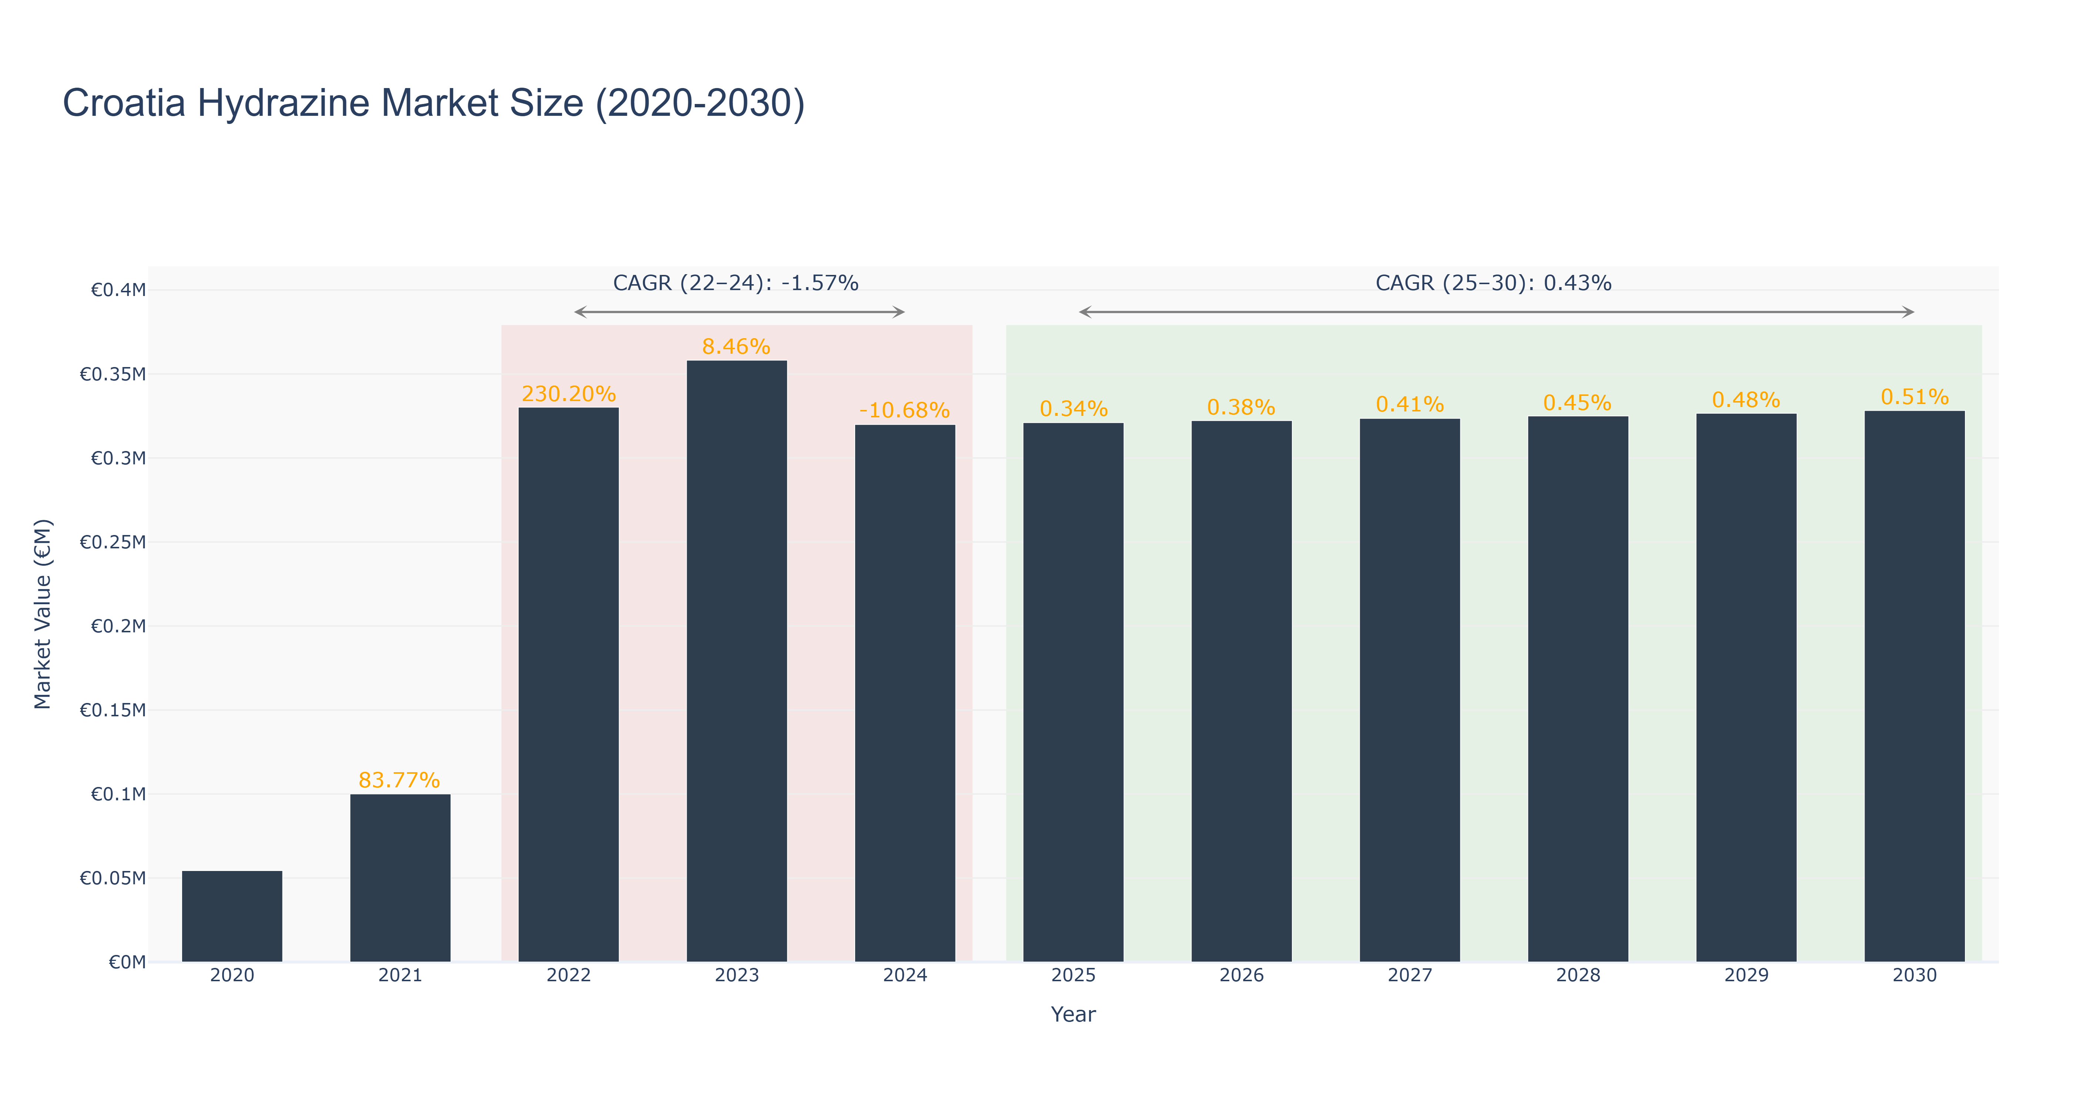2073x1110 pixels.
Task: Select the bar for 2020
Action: click(x=232, y=916)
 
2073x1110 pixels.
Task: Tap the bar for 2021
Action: click(x=400, y=878)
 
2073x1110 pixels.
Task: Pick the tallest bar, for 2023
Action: click(x=736, y=661)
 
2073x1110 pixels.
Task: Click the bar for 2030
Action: click(x=1915, y=686)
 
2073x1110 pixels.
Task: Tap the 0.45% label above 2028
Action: click(x=1577, y=403)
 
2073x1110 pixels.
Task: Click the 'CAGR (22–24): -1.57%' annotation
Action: click(x=736, y=283)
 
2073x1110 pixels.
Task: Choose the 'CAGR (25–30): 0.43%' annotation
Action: click(x=1494, y=283)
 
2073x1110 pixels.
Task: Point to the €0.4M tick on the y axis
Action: click(x=118, y=290)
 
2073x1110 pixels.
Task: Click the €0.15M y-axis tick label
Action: click(x=113, y=710)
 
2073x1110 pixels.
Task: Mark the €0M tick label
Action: click(x=127, y=962)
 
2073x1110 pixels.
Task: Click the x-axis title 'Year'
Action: click(x=1073, y=1014)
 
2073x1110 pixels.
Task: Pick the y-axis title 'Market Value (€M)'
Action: click(x=43, y=614)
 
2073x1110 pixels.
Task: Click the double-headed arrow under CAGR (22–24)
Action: click(x=740, y=312)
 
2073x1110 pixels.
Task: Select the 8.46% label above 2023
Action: click(x=736, y=347)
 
